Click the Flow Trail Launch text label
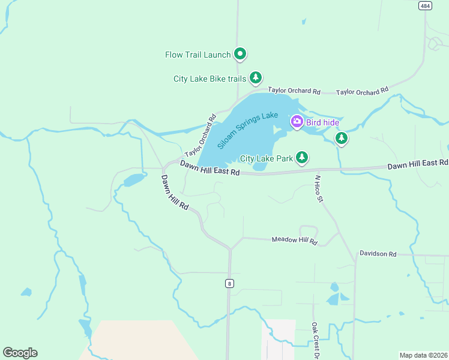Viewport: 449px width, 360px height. [198, 55]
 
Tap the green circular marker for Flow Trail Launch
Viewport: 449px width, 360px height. [240, 55]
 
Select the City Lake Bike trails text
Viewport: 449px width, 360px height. [210, 78]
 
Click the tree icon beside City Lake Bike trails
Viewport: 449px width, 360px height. [256, 77]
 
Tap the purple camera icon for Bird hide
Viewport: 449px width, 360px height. [297, 122]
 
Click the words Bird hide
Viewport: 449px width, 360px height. [323, 122]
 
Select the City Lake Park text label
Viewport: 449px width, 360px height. [266, 158]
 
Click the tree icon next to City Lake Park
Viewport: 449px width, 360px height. [303, 158]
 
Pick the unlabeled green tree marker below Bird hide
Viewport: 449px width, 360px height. [342, 139]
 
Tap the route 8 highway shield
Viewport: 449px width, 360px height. [229, 283]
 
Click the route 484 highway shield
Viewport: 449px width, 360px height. [425, 5]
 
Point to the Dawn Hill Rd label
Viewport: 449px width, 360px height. [175, 192]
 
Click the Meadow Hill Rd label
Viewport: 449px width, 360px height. [294, 241]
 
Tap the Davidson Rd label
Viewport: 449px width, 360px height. [378, 254]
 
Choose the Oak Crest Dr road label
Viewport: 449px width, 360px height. [315, 340]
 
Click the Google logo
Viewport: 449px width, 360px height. [20, 352]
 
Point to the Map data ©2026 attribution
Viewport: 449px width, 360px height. [424, 355]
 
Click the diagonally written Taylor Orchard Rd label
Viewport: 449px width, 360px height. [200, 136]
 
